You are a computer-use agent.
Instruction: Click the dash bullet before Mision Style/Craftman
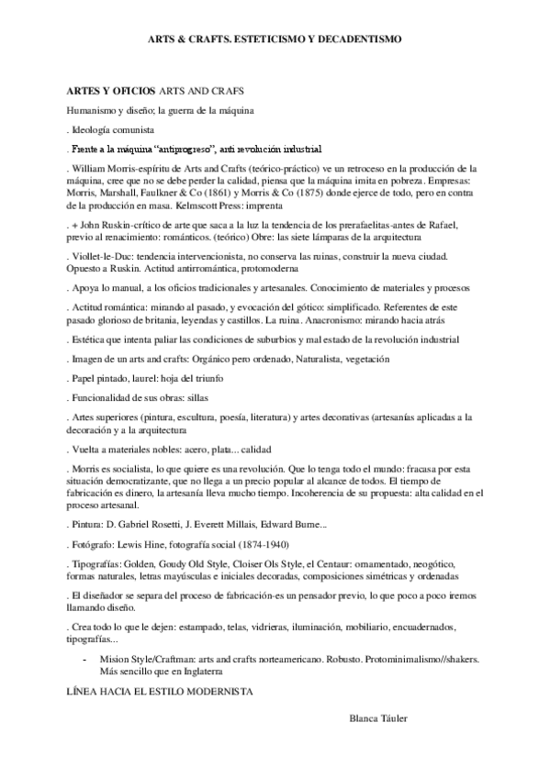[85, 659]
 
